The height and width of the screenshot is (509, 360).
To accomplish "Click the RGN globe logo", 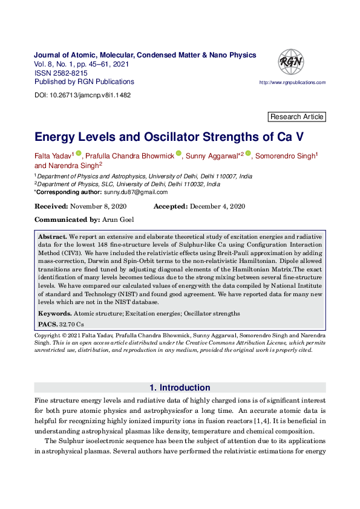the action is click(290, 61).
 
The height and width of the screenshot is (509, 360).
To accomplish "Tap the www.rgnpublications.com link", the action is click(292, 82).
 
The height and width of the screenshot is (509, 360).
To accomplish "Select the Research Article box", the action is click(296, 117).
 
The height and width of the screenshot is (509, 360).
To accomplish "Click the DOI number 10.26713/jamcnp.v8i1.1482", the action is click(91, 96).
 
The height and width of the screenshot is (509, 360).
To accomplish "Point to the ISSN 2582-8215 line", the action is click(61, 73).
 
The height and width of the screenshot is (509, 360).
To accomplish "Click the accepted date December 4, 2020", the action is click(215, 206).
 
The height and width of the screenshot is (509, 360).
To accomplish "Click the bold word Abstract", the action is click(52, 236).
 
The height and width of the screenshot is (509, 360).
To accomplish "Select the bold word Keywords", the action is click(54, 313).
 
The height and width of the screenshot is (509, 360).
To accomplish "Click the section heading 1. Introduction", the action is click(180, 387).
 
